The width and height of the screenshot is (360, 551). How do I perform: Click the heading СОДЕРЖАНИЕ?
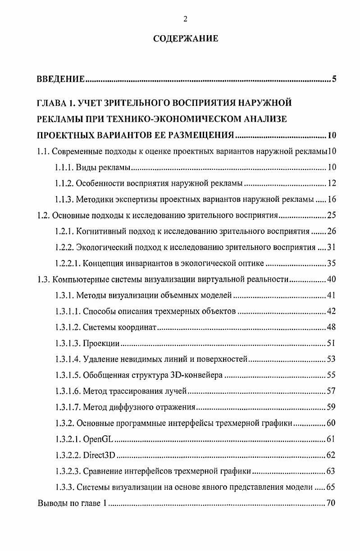[x=186, y=39]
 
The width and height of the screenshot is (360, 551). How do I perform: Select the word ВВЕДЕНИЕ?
[x=61, y=80]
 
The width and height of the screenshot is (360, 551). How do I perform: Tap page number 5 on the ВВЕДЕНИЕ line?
[x=334, y=80]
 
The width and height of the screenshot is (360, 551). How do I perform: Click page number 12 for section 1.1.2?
[x=332, y=183]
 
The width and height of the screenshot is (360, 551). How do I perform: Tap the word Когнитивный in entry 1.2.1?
[x=104, y=232]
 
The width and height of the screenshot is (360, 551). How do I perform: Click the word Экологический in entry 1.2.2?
[x=107, y=247]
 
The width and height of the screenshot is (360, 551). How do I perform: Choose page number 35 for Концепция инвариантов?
[x=332, y=263]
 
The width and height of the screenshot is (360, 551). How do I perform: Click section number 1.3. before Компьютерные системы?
[x=43, y=279]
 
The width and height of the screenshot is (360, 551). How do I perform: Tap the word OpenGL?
[x=98, y=440]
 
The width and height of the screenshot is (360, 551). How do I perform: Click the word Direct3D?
[x=100, y=455]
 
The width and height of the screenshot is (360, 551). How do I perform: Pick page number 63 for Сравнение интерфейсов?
[x=331, y=471]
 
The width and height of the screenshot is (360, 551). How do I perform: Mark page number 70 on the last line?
[x=331, y=503]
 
